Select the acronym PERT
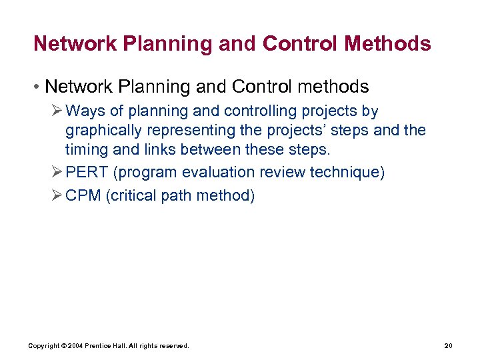pos(87,173)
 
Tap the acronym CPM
pos(83,197)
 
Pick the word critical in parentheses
pos(133,197)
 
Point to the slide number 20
pos(448,346)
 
